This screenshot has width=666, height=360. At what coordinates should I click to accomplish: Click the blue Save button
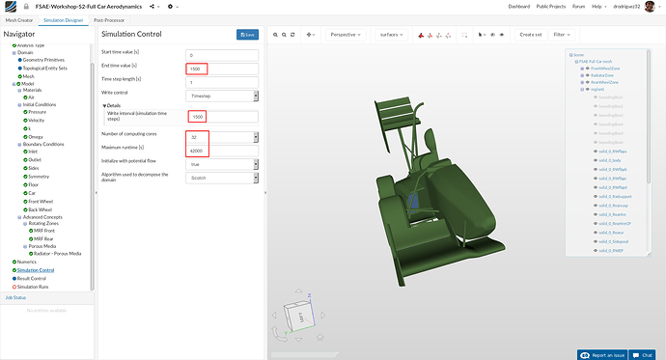[x=248, y=35]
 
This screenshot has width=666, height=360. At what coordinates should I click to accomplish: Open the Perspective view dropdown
[x=342, y=35]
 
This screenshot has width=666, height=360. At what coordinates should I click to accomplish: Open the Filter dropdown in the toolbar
[x=564, y=35]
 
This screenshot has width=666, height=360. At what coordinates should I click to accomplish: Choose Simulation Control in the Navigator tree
[x=35, y=270]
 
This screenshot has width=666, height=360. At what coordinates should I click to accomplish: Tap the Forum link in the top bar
[x=577, y=7]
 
